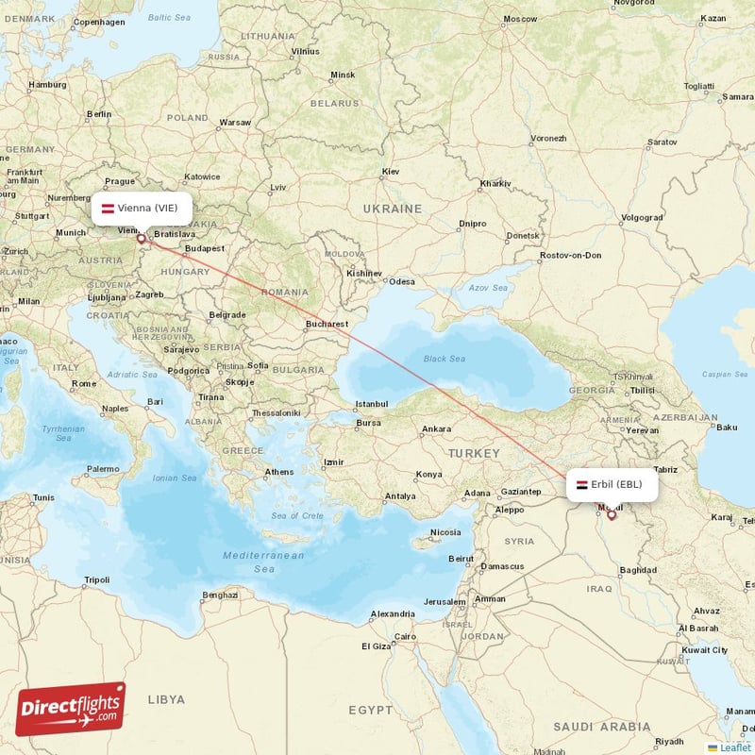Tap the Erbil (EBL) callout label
coord(612,484)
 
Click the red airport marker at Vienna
coord(142,239)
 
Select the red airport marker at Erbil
coord(612,514)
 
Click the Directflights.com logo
coord(70,709)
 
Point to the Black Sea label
coord(444,359)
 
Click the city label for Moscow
coord(519,19)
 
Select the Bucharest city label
coord(328,324)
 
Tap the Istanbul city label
coord(371,404)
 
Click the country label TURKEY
coord(475,454)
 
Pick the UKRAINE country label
coord(394,209)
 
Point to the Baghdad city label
coord(639,570)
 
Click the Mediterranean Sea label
coord(263,562)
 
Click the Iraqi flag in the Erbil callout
coord(581,484)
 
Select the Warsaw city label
coord(235,123)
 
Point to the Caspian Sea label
coord(724,374)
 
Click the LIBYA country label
coord(166,699)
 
